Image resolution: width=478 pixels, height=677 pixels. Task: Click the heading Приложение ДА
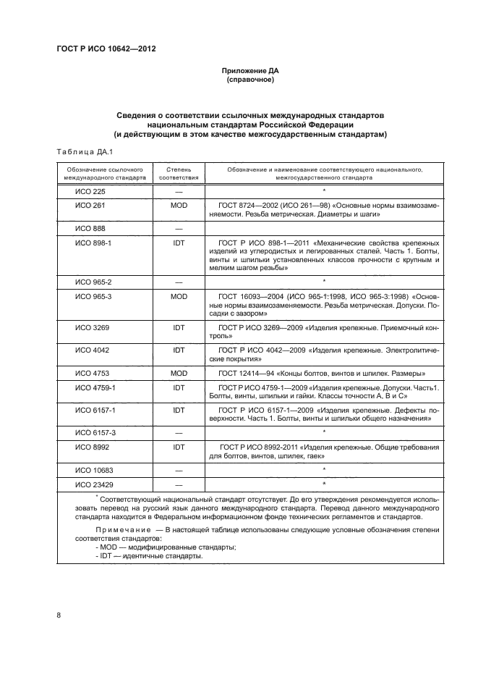[251, 70]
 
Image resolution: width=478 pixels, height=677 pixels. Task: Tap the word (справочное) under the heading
[251, 80]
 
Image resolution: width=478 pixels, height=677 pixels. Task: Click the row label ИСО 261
[90, 206]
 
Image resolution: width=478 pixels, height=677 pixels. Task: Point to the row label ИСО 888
[90, 229]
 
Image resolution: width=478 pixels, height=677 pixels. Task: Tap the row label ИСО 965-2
[94, 281]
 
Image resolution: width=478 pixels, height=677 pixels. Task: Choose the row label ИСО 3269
[92, 327]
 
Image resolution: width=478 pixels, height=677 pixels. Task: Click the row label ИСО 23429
[94, 484]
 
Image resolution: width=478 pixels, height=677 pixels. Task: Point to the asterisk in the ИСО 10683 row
[325, 469]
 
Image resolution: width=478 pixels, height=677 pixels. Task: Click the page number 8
[59, 616]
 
